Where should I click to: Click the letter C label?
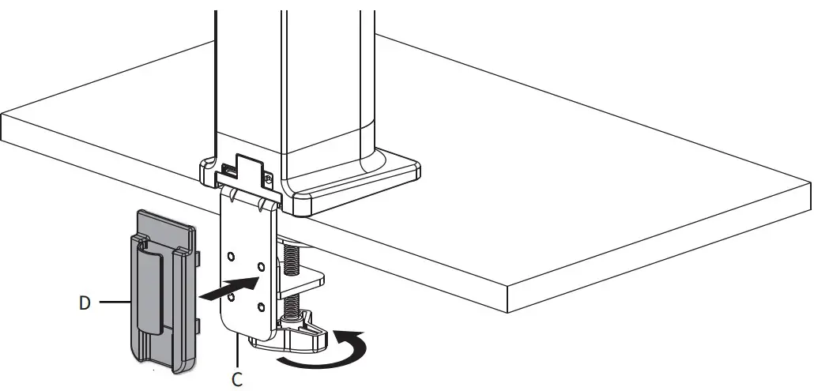pyautogui.click(x=237, y=379)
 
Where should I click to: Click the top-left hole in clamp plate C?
pyautogui.click(x=231, y=258)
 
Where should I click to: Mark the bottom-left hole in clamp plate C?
pyautogui.click(x=231, y=299)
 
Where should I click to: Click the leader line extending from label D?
pyautogui.click(x=111, y=301)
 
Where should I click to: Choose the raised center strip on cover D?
pyautogui.click(x=151, y=288)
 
